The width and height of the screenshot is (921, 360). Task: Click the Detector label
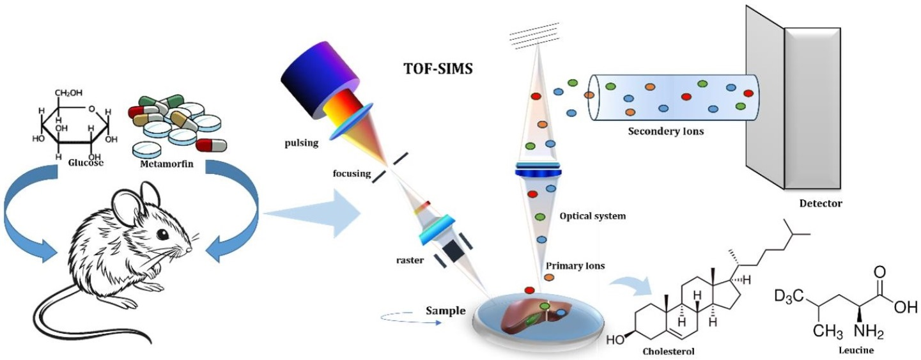click(x=820, y=204)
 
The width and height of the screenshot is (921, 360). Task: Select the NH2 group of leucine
click(x=853, y=332)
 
